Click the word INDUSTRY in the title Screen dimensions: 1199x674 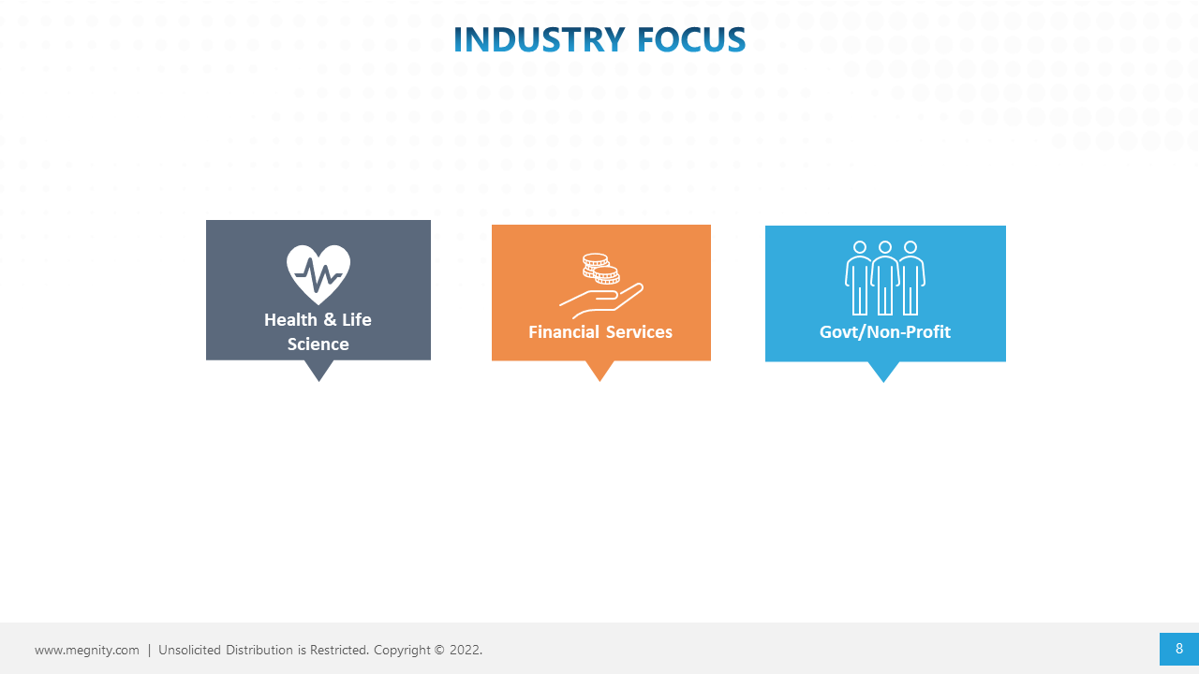point(539,39)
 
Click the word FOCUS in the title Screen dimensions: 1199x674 point(691,39)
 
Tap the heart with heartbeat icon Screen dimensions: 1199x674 point(318,274)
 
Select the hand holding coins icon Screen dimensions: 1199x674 point(601,286)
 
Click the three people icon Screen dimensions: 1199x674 point(885,278)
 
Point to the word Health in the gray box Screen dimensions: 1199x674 point(290,320)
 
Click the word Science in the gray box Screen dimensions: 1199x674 point(318,344)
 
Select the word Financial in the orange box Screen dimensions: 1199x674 point(564,331)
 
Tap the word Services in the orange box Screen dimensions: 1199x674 point(639,331)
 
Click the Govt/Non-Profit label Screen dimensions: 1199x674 point(885,331)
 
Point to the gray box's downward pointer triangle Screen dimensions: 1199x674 point(319,370)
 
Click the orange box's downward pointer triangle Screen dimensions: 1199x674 point(599,371)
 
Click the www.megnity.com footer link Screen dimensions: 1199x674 point(87,650)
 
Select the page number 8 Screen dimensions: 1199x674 point(1179,649)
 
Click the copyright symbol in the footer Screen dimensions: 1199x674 point(439,650)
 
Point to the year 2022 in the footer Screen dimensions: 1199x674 point(466,650)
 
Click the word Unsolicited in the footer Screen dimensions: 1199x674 point(189,650)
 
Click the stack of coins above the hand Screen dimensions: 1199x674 point(600,268)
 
